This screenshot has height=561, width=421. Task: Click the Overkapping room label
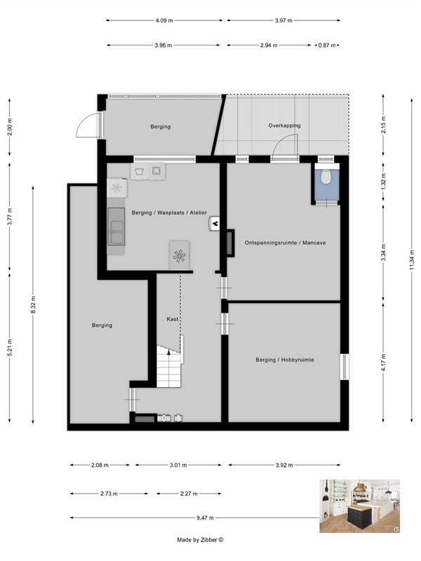tap(284, 126)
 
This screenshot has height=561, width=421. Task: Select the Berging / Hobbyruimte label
tap(284, 360)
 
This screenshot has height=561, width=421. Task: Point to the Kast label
tap(173, 319)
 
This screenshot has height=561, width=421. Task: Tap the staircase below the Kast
tap(169, 365)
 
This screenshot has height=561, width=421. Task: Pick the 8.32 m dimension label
tap(33, 304)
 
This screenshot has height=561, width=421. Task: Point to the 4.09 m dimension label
tap(166, 20)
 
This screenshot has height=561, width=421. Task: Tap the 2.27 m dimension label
tap(187, 494)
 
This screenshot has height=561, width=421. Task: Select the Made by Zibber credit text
tap(200, 540)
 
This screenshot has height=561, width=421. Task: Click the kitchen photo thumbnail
tap(359, 506)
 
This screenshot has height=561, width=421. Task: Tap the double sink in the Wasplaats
tap(116, 226)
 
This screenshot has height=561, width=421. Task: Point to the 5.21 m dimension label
tap(9, 348)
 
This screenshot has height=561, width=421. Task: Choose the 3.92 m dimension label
tap(284, 465)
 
